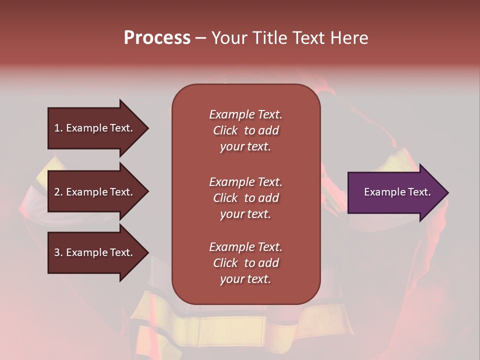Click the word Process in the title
157,38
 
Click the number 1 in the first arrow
57,128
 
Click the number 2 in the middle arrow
57,192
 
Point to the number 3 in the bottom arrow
57,252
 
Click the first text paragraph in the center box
245,130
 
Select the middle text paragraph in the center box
245,198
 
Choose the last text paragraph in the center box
245,263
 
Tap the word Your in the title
229,38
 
